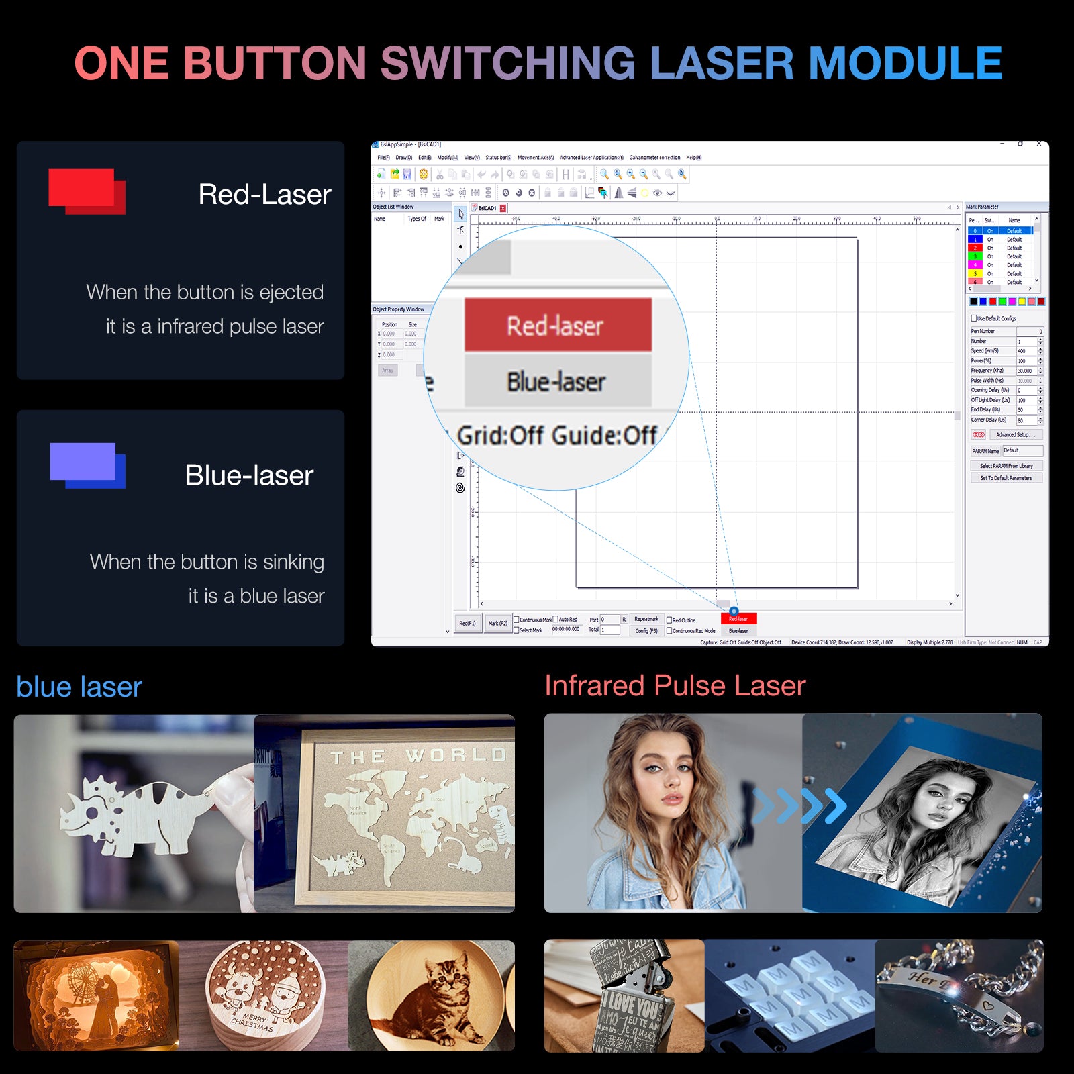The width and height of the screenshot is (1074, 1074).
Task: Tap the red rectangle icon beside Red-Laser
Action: point(86,191)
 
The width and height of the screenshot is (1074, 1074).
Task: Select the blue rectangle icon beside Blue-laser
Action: point(87,465)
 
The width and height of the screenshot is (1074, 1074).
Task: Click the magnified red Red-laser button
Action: point(557,325)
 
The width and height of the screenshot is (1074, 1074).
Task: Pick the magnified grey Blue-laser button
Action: point(557,381)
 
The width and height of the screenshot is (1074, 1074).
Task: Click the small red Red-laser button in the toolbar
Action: point(738,618)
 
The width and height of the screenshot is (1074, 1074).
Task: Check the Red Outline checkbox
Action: point(669,620)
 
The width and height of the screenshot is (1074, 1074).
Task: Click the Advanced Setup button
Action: point(1015,435)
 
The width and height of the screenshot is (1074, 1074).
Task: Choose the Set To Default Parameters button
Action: point(1006,478)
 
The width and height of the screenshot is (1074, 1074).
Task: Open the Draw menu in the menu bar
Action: point(403,158)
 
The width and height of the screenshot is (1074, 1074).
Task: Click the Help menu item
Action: point(693,158)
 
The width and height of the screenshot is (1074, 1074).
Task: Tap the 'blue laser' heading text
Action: point(79,687)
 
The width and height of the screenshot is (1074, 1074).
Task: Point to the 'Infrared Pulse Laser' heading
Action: point(675,685)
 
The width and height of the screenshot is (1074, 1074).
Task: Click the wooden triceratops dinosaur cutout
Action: point(134,812)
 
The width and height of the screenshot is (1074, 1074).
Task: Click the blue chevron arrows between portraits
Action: point(799,805)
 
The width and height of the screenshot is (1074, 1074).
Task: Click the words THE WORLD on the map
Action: point(418,756)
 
